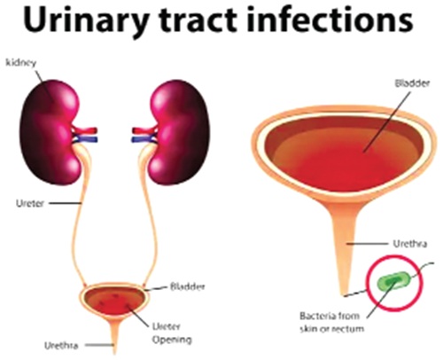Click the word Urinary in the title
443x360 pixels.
point(85,20)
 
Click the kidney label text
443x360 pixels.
point(21,63)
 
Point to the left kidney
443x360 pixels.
point(51,131)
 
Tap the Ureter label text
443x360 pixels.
point(30,203)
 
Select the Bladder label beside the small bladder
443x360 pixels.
point(188,286)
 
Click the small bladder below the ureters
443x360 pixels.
point(114,301)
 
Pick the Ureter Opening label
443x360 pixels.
point(172,333)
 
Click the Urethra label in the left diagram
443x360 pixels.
point(61,346)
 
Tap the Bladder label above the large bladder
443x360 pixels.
point(412,83)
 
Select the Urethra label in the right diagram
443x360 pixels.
point(410,244)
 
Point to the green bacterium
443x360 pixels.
point(394,281)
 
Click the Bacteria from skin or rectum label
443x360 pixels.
point(331,322)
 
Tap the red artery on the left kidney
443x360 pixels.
point(85,130)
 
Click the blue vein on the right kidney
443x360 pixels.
point(144,139)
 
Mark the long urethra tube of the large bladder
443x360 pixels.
point(346,248)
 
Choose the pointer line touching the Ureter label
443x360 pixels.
point(65,203)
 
